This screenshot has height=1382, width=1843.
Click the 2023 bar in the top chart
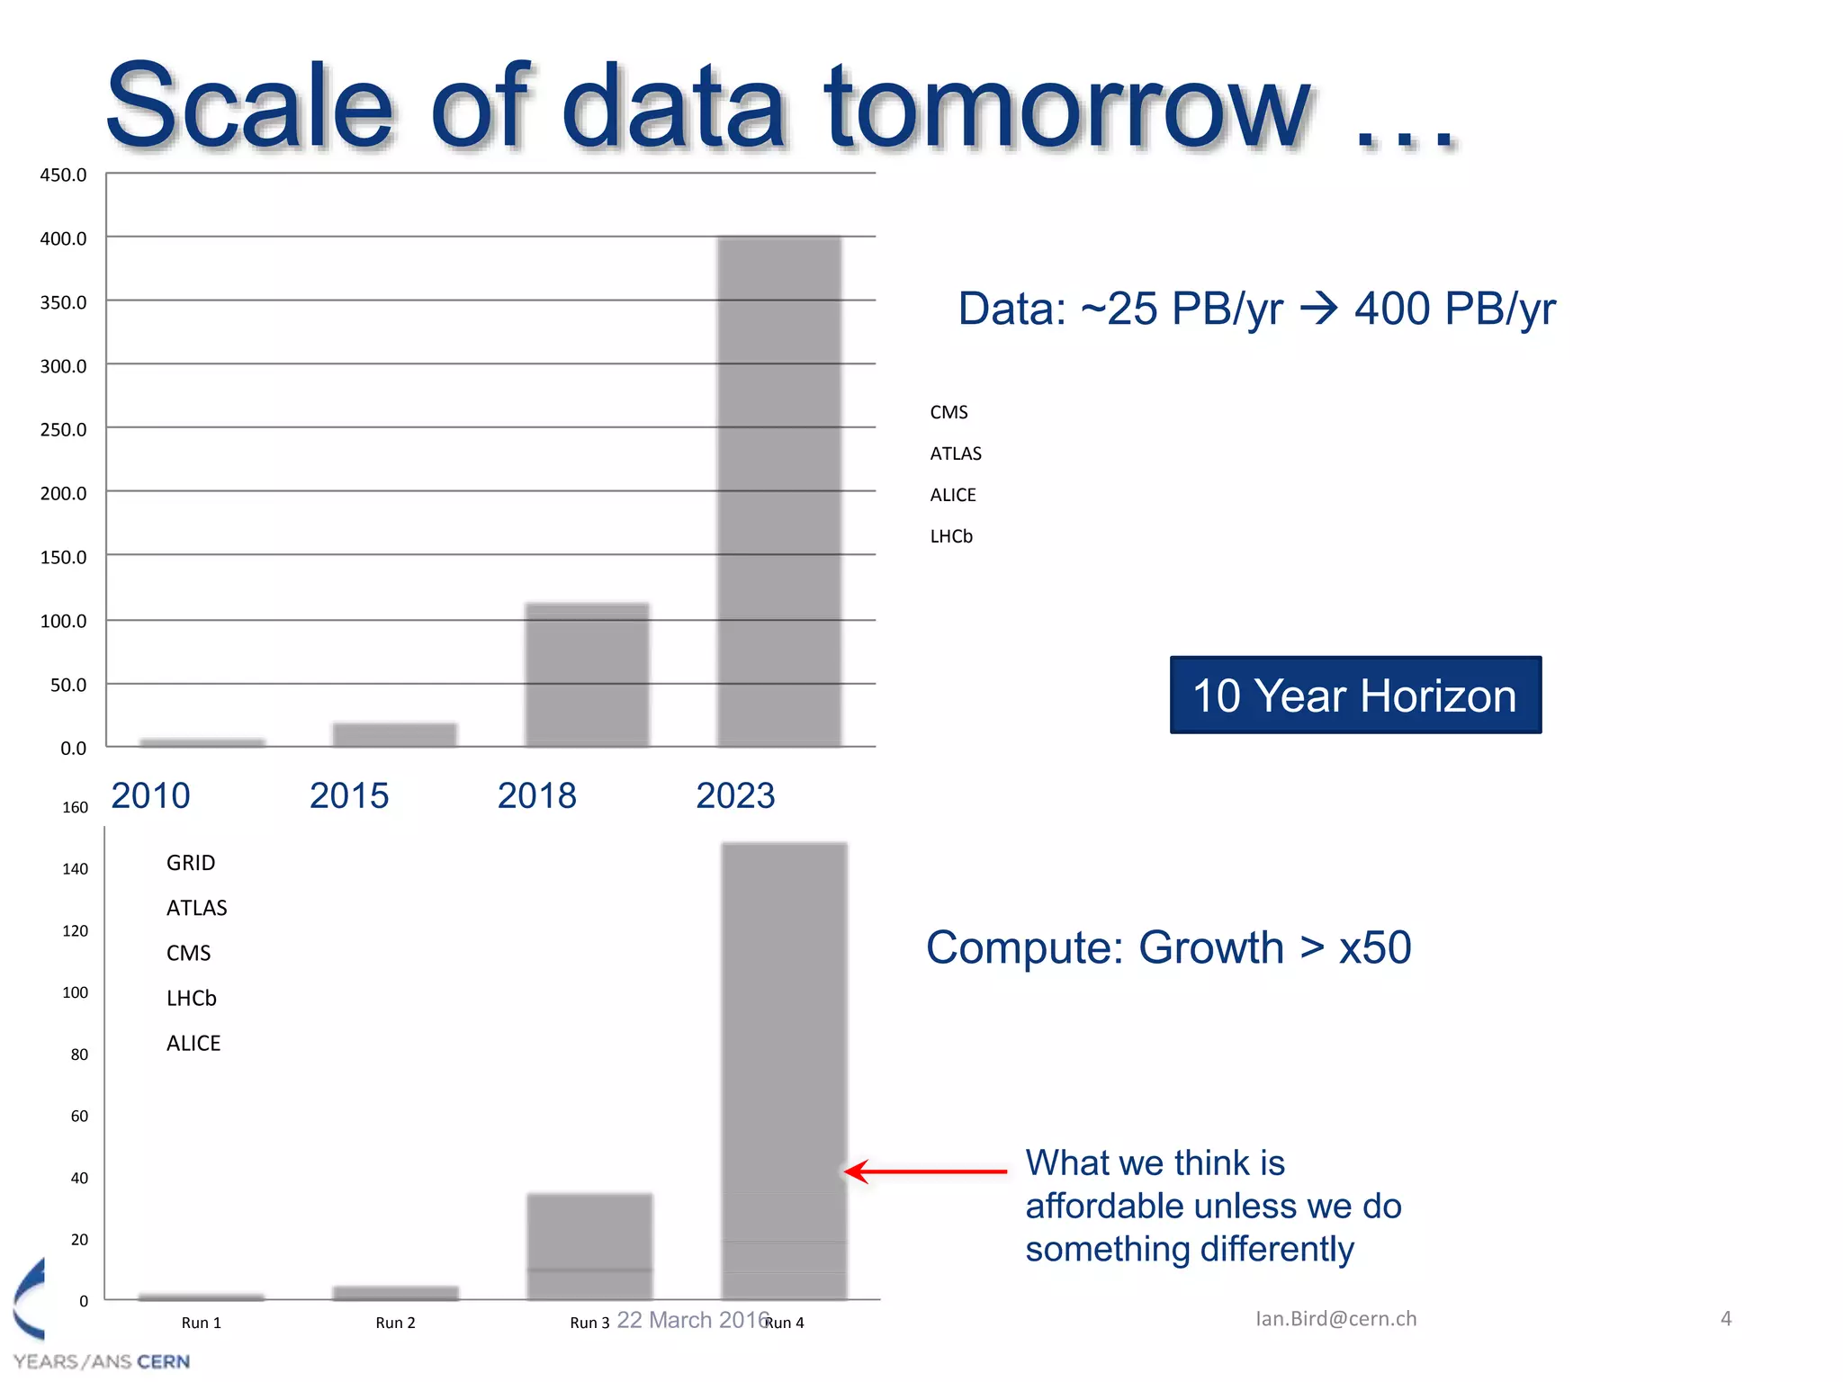click(x=779, y=491)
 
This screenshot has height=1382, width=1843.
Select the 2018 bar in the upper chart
click(x=587, y=675)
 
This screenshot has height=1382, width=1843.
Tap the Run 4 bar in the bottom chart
click(x=784, y=1071)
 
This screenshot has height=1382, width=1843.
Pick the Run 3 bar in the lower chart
click(x=589, y=1246)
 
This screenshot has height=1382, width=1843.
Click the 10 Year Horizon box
click(x=1355, y=695)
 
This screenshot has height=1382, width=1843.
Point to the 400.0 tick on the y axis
click(x=63, y=238)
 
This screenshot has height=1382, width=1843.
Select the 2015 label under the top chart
click(x=349, y=795)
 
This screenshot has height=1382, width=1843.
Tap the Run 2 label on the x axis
click(x=395, y=1323)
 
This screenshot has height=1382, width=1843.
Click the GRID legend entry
click(x=191, y=863)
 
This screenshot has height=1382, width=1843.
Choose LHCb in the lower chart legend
click(x=192, y=998)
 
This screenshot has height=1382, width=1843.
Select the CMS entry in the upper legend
click(x=948, y=412)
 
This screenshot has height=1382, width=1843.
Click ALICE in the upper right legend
click(x=952, y=495)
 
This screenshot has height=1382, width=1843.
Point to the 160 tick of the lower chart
click(x=75, y=807)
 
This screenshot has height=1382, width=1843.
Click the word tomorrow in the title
click(x=1066, y=108)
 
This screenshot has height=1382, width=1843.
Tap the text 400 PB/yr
click(x=1454, y=309)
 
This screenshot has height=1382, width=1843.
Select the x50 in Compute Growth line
click(x=1374, y=947)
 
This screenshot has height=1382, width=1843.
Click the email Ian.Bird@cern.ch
click(x=1335, y=1318)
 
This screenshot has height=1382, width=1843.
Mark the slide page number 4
click(x=1725, y=1318)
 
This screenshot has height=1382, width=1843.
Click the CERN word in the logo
click(x=163, y=1361)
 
